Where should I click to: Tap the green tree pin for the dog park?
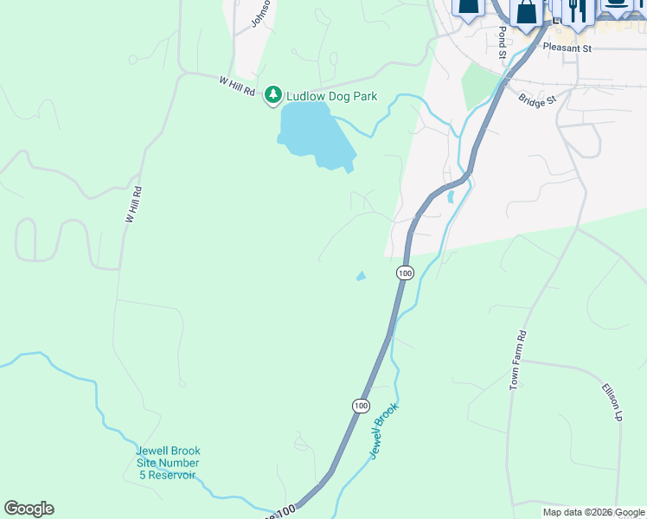pos(273,93)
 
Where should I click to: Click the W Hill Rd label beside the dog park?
pos(238,86)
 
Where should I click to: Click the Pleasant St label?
pos(567,48)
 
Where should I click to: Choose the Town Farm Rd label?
pos(517,359)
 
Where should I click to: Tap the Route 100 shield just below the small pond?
pos(405,272)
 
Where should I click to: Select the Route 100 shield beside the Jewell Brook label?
pos(360,405)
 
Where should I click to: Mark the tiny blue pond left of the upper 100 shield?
pos(361,276)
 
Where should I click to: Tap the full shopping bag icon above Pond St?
pos(525,11)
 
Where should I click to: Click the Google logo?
pos(29,509)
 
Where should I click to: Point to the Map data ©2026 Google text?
pos(593,512)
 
